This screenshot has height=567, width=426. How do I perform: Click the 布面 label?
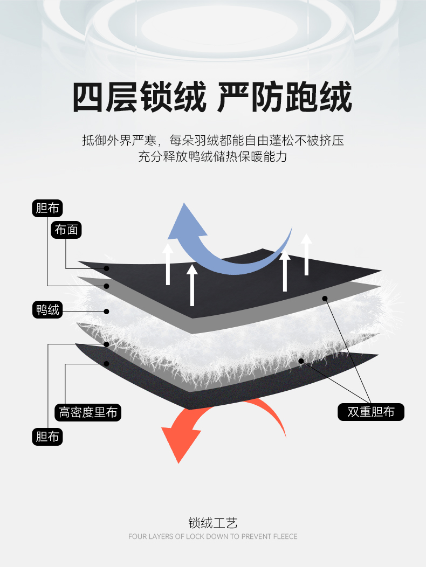click(66, 230)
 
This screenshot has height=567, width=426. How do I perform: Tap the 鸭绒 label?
click(47, 309)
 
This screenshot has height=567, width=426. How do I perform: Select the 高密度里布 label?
click(88, 412)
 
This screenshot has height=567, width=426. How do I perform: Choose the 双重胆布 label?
click(370, 412)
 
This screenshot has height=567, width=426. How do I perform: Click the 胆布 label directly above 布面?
click(47, 208)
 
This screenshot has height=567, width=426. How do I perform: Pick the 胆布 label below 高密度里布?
click(47, 437)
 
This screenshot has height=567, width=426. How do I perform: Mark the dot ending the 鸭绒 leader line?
click(106, 312)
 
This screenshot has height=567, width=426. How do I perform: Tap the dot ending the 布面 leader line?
click(106, 268)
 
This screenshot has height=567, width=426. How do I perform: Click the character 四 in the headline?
click(87, 97)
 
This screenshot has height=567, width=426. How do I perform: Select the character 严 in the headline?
click(232, 97)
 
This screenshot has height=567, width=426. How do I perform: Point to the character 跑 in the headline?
click(301, 97)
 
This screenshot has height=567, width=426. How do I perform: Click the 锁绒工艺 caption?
click(213, 523)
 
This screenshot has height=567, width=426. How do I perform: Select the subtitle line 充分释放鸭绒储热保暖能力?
click(213, 157)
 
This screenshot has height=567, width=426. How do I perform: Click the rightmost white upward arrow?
click(307, 254)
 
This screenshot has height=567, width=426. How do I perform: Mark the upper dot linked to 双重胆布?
click(325, 299)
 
